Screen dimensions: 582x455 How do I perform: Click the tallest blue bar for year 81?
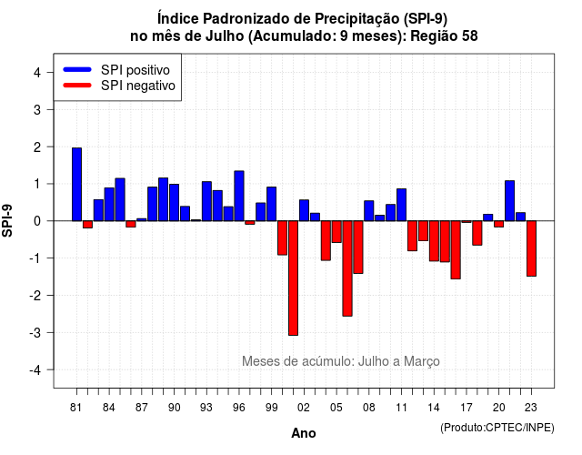point(76,184)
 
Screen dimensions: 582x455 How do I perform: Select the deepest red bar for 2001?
point(293,278)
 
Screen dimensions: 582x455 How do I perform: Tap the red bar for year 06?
point(347,268)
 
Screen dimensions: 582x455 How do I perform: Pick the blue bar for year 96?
point(239,197)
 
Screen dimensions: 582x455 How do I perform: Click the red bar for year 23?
point(531,248)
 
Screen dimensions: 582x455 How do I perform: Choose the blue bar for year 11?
point(402,205)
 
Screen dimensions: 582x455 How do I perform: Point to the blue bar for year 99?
point(272,204)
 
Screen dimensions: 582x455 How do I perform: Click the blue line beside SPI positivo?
point(77,69)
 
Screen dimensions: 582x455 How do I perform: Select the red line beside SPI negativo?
point(77,85)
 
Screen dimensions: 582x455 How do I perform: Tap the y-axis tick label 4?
point(37,73)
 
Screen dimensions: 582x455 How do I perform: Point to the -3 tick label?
point(35,332)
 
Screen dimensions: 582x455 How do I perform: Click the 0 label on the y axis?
point(37,221)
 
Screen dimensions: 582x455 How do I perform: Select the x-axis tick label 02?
point(304,408)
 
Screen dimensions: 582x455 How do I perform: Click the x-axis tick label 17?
point(467,408)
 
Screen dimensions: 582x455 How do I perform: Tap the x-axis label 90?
point(174,408)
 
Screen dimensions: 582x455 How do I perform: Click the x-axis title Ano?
point(304,433)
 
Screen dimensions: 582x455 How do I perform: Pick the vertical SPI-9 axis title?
point(7,220)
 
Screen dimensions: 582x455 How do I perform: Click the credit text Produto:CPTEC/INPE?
point(497,428)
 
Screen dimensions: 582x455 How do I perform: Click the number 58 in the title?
point(469,36)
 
